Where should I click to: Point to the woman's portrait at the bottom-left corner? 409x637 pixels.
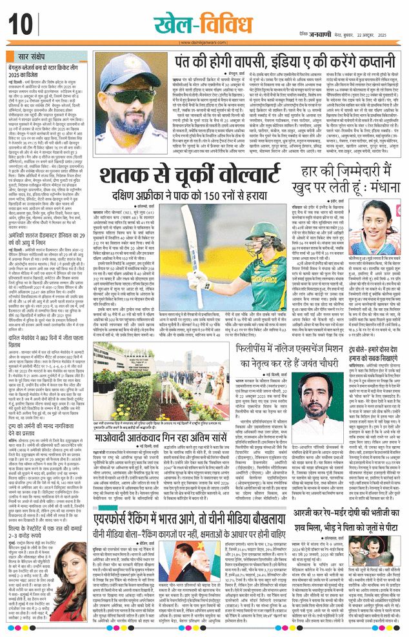(26, 613)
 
